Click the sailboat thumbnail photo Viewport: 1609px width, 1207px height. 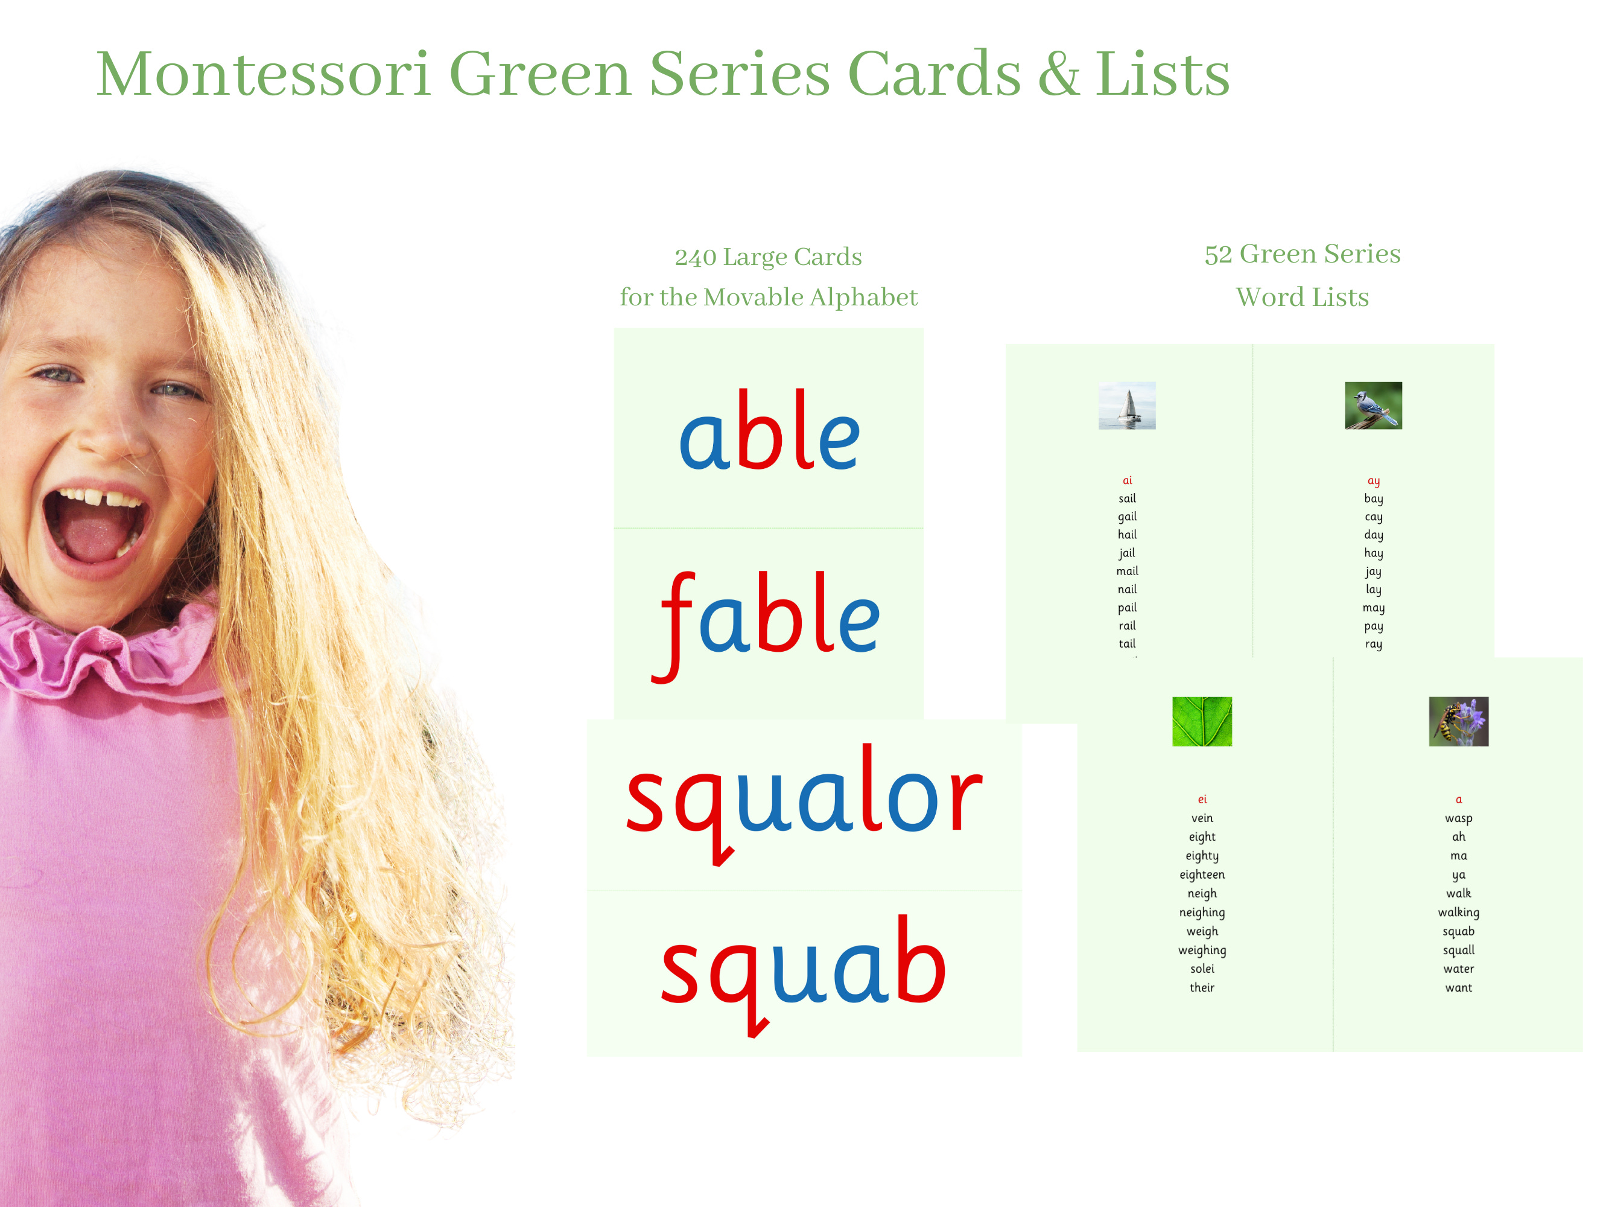pos(1127,405)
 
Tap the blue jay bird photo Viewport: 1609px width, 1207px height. pos(1373,405)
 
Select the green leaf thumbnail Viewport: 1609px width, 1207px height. pos(1202,721)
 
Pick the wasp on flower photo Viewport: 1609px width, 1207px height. pos(1458,721)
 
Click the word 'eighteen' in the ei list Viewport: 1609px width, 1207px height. pos(1202,874)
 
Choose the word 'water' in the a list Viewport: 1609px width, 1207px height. pos(1458,969)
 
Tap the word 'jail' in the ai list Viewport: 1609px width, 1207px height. pos(1127,553)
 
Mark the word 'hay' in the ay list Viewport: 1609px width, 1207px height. pos(1373,553)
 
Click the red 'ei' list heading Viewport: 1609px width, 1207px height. pos(1202,800)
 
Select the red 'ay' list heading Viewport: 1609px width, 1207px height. pos(1373,481)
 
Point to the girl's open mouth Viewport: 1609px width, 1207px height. pos(95,525)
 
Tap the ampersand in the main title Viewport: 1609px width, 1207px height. pos(1058,74)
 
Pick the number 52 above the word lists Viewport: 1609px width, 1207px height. pos(1219,255)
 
